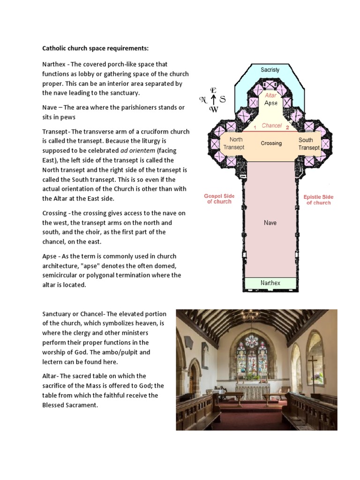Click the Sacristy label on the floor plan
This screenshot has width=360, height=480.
[x=270, y=70]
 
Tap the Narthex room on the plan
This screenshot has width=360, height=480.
[x=270, y=283]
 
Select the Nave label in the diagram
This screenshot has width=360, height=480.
[x=270, y=223]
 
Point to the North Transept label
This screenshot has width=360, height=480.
[x=233, y=143]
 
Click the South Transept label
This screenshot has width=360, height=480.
[x=309, y=143]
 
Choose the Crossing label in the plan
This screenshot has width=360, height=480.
[x=271, y=143]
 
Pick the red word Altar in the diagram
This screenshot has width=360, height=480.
[x=270, y=96]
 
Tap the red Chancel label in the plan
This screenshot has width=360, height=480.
[x=272, y=126]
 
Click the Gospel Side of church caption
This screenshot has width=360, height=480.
[x=219, y=199]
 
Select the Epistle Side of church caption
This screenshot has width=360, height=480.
[x=318, y=200]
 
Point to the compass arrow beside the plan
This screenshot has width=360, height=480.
[x=213, y=99]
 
